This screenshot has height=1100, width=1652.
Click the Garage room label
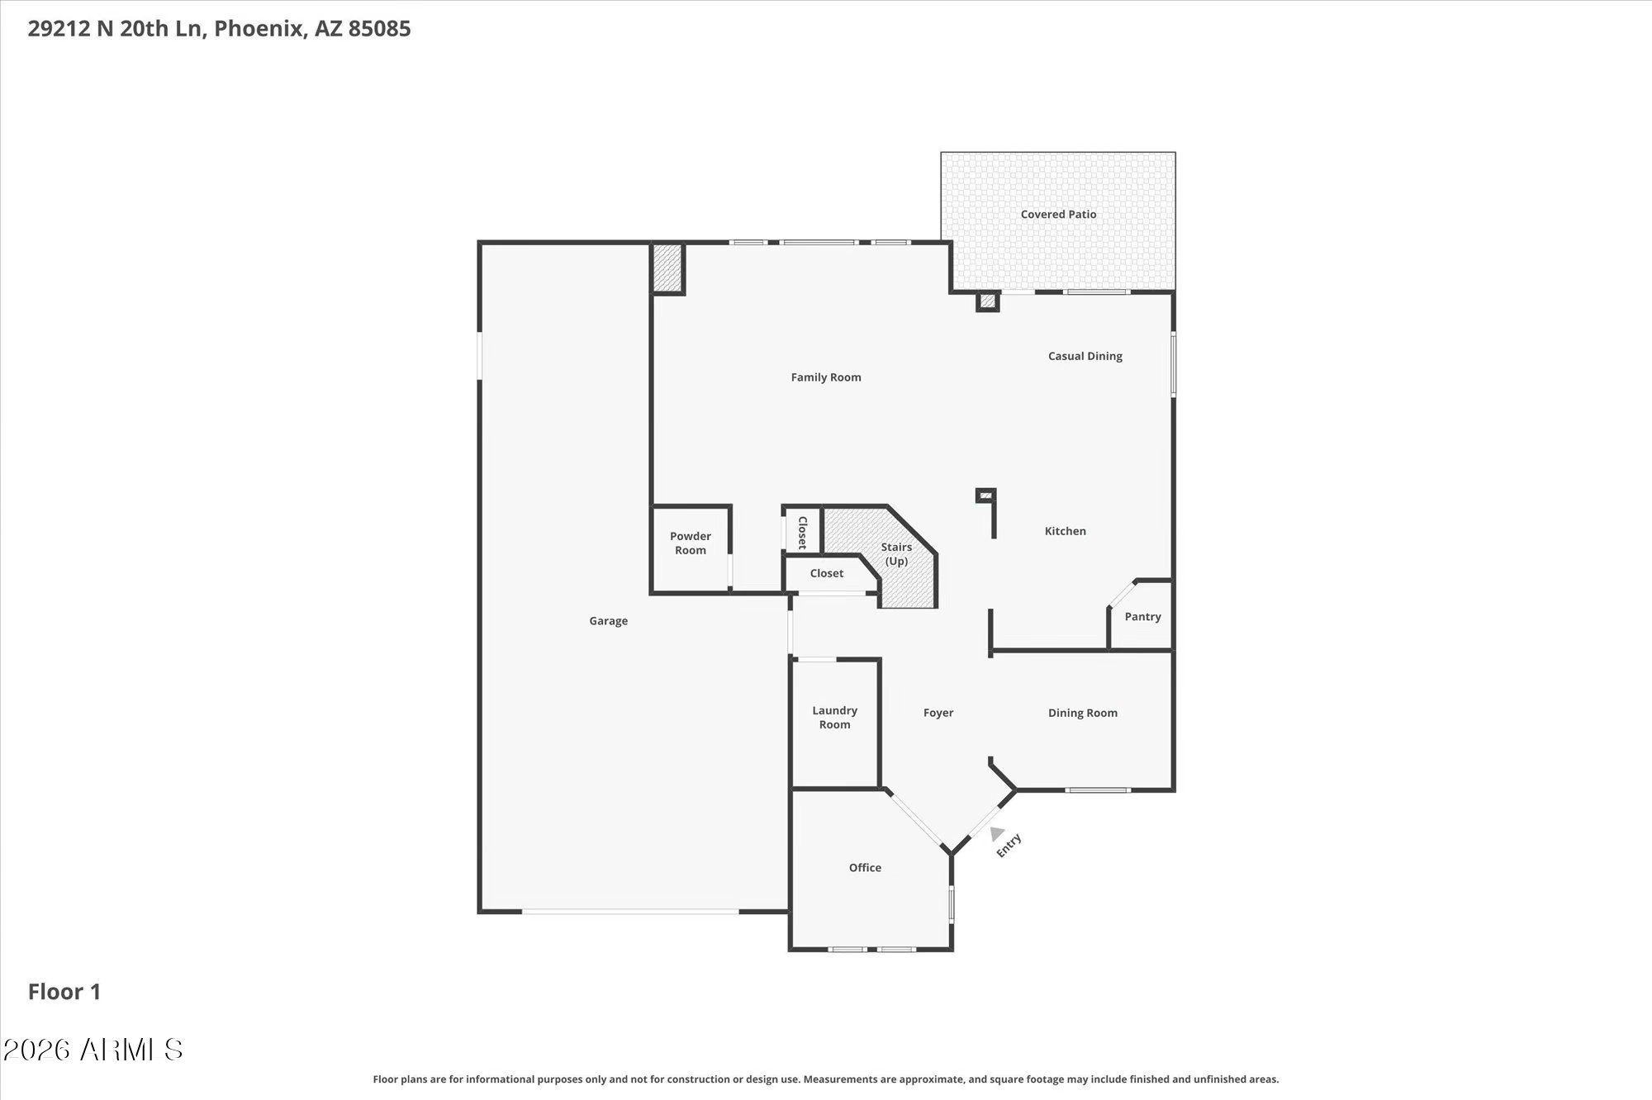point(608,621)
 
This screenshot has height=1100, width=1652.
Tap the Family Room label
point(826,377)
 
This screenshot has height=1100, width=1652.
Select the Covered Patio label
point(1058,214)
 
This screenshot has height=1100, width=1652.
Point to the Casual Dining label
point(1085,356)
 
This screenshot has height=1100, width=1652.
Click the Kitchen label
point(1065,531)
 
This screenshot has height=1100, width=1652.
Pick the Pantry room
point(1142,616)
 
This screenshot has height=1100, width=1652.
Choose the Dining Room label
point(1082,713)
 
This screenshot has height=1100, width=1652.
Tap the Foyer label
point(938,713)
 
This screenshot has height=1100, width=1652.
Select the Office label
point(865,867)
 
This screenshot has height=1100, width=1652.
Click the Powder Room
point(691,548)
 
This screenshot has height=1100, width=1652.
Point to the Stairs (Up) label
point(896,554)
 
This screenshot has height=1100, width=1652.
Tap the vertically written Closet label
point(802,533)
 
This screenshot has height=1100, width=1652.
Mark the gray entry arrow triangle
point(997,833)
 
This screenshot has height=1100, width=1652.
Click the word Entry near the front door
point(1009,846)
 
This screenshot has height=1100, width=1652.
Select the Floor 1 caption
point(64,992)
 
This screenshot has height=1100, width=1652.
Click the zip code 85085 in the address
point(379,29)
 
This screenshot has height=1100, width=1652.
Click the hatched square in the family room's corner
point(667,268)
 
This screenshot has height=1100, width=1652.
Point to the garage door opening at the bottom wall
point(630,912)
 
